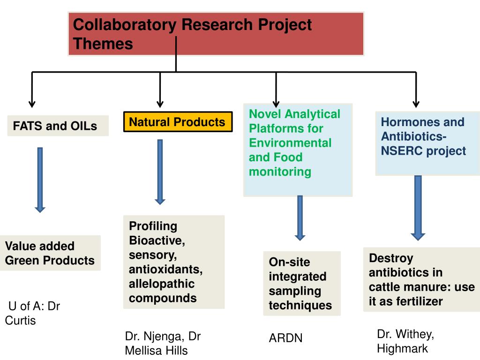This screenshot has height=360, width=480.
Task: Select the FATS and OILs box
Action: (58, 126)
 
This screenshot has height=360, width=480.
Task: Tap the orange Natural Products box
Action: (178, 122)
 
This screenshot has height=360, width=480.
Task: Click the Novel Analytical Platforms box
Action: (298, 149)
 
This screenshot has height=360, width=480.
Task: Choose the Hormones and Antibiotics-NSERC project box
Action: (427, 143)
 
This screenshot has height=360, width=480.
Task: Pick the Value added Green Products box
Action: (50, 253)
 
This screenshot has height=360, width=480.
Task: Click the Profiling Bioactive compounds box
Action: (173, 262)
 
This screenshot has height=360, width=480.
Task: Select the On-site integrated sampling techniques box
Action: (301, 283)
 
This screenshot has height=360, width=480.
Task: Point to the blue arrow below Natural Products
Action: (160, 172)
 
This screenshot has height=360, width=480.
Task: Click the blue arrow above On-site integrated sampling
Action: (300, 217)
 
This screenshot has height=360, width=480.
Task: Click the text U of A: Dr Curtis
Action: (33, 314)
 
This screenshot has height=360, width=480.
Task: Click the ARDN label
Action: (285, 338)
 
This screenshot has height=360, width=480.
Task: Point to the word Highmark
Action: (402, 348)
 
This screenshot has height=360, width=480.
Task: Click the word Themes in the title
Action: (103, 44)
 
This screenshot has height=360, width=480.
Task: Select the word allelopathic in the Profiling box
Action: (162, 284)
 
